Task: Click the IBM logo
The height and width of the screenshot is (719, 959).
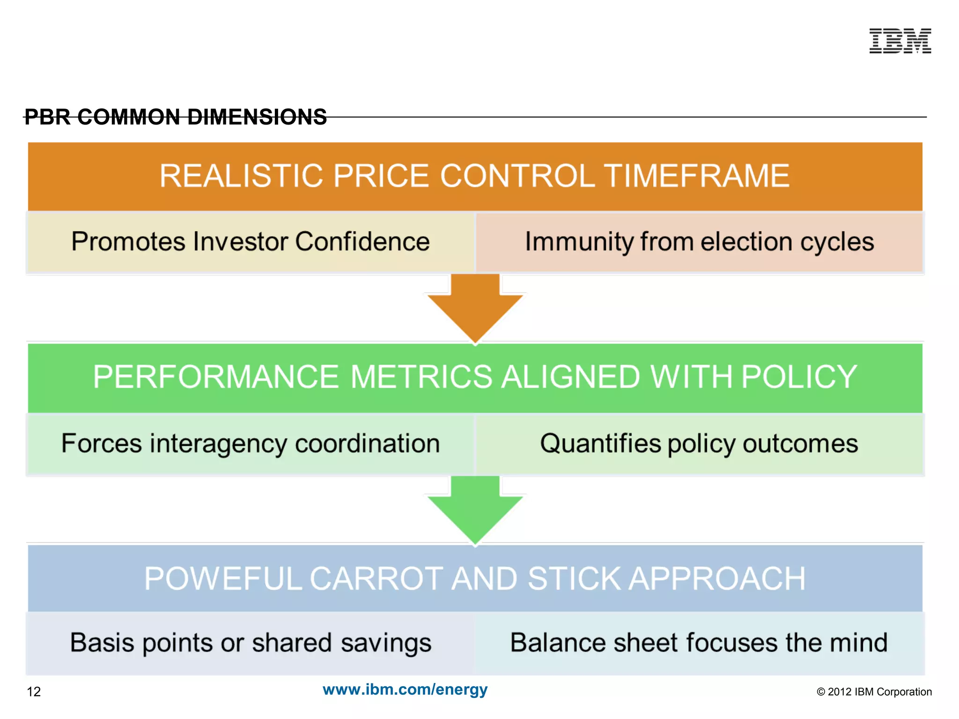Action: point(900,41)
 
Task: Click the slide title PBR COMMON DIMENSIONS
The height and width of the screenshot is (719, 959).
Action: point(176,117)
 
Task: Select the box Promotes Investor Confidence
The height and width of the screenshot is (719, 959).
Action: point(251,242)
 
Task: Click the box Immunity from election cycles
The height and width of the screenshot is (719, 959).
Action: point(699,242)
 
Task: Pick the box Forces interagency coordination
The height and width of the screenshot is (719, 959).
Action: point(251,444)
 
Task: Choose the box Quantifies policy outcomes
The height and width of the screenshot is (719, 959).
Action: point(699,444)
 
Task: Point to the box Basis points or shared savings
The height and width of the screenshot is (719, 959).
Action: point(251,643)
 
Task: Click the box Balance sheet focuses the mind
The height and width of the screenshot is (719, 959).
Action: point(699,643)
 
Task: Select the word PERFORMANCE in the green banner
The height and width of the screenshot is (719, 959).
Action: point(215,377)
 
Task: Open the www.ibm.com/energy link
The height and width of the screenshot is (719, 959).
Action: point(405,690)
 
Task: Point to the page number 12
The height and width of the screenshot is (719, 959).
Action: point(34,692)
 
